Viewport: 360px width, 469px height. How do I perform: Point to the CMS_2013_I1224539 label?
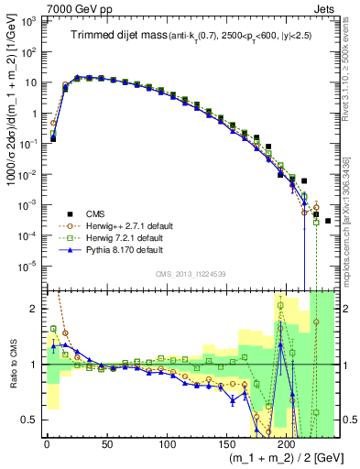(x=188, y=274)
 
